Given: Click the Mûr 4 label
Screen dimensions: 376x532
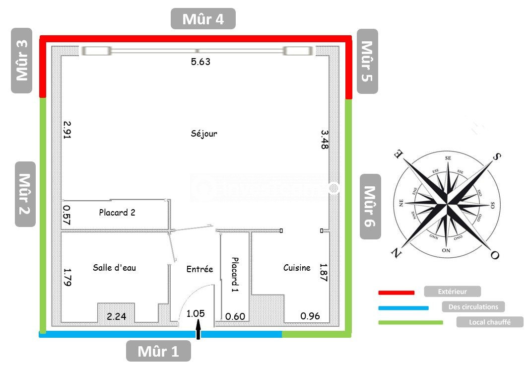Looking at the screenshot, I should coord(203,19).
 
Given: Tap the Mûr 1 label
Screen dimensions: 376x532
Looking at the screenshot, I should coord(158,351).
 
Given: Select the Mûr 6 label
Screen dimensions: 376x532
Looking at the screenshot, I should coord(370,206).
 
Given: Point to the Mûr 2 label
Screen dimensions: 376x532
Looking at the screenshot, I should coord(25,194).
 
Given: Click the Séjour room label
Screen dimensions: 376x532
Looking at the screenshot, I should coord(204,134).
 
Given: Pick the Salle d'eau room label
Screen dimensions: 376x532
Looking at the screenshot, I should coord(114,268).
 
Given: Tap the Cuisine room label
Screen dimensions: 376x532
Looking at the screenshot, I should coord(297,268).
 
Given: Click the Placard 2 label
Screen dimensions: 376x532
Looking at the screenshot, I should coord(117,213).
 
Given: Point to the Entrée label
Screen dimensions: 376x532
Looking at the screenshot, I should coord(199,269).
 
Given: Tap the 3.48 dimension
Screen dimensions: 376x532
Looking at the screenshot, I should coord(325,140).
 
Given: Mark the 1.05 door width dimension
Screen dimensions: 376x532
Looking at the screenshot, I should coord(196,314).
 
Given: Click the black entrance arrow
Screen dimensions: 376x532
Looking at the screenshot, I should coord(199,330).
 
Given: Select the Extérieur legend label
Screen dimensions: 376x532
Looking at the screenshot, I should coord(452,292).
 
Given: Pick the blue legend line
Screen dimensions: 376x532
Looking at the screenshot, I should coord(403,308).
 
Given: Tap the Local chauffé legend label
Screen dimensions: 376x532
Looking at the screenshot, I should coord(490,322).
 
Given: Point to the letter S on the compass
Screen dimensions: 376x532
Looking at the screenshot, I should coord(496,157).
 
